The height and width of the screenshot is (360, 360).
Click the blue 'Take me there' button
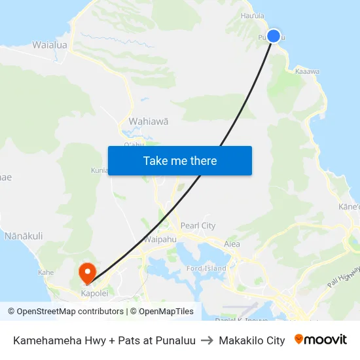pos(180,160)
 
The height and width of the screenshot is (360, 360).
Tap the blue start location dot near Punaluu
pos(274,36)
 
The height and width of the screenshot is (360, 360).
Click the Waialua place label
pos(50,45)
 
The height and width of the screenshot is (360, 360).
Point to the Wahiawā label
pos(149,121)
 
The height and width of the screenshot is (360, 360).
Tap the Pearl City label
pos(198,226)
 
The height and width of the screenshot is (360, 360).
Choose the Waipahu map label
pos(160,240)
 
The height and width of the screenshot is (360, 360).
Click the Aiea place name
pos(232,244)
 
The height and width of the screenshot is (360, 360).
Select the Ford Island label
pos(206,268)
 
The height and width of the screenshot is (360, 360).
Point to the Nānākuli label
pos(24,236)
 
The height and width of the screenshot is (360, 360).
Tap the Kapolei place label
pos(94,294)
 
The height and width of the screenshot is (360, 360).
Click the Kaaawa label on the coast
pos(307,71)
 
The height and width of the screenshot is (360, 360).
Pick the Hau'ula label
pos(253,15)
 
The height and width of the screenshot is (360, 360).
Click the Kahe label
pos(46,272)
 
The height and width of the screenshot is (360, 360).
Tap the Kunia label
pos(99,171)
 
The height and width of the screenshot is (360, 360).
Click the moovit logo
pos(321,340)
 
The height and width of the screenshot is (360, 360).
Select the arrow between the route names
pos(207,340)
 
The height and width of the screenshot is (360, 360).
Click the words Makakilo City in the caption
pos(252,340)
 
